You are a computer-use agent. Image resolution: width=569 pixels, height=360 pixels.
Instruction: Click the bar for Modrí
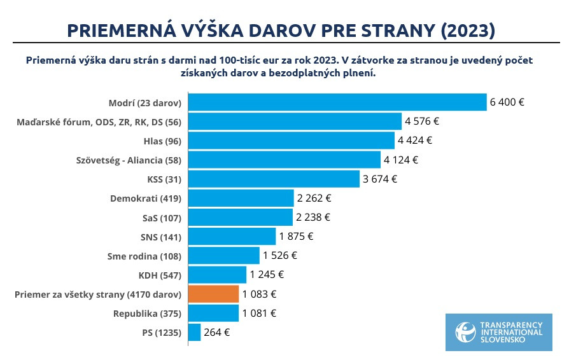pyautogui.click(x=337, y=102)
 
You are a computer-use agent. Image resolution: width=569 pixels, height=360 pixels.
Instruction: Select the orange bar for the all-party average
pyautogui.click(x=214, y=294)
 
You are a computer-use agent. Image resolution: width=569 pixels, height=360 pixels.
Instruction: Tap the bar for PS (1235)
pyautogui.click(x=195, y=332)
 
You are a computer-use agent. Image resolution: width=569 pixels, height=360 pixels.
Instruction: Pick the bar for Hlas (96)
pyautogui.click(x=292, y=141)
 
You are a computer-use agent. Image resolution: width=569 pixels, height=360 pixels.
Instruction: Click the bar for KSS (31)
pyautogui.click(x=274, y=179)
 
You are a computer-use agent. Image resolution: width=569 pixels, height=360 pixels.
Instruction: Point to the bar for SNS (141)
pyautogui.click(x=232, y=237)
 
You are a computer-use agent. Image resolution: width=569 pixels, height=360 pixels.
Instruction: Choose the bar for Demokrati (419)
pyautogui.click(x=241, y=198)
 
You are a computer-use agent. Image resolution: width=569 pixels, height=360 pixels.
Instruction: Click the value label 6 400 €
pyautogui.click(x=507, y=102)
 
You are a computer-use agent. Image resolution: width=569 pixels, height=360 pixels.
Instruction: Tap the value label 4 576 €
pyautogui.click(x=422, y=121)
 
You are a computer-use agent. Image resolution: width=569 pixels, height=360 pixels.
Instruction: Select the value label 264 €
pyautogui.click(x=217, y=332)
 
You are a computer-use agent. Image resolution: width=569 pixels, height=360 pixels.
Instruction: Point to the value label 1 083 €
pyautogui.click(x=259, y=294)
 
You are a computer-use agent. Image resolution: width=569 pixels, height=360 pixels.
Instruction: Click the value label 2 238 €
pyautogui.click(x=313, y=218)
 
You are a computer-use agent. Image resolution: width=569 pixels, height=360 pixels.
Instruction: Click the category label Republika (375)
pyautogui.click(x=147, y=314)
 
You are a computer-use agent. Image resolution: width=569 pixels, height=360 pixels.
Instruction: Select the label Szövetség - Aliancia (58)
pyautogui.click(x=129, y=160)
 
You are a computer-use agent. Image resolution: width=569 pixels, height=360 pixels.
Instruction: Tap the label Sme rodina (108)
pyautogui.click(x=144, y=256)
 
